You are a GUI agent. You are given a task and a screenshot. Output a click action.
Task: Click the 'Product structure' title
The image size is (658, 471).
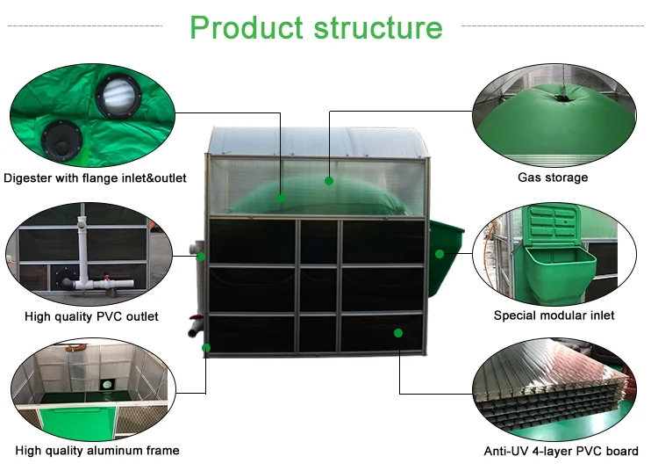316,27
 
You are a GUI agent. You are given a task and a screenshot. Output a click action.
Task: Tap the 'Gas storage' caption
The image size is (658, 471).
553,178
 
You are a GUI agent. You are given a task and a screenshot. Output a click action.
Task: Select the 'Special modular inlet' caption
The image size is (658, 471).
554,315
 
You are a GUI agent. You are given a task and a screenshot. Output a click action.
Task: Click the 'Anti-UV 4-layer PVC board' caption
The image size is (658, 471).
561,452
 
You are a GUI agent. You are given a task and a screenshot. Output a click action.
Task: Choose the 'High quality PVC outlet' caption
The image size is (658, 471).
92,315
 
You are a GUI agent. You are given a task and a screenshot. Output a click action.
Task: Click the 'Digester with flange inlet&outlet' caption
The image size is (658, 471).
96,178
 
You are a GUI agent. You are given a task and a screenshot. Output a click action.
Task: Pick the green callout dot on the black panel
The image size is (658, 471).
398,333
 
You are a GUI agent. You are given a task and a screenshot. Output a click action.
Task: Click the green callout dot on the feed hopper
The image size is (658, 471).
440,254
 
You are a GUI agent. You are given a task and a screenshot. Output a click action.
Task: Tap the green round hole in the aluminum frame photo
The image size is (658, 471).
107,384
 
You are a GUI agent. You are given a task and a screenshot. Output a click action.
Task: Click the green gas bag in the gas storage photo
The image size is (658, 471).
553,119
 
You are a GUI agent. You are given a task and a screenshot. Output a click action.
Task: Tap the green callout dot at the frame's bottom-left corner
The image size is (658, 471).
206,348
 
